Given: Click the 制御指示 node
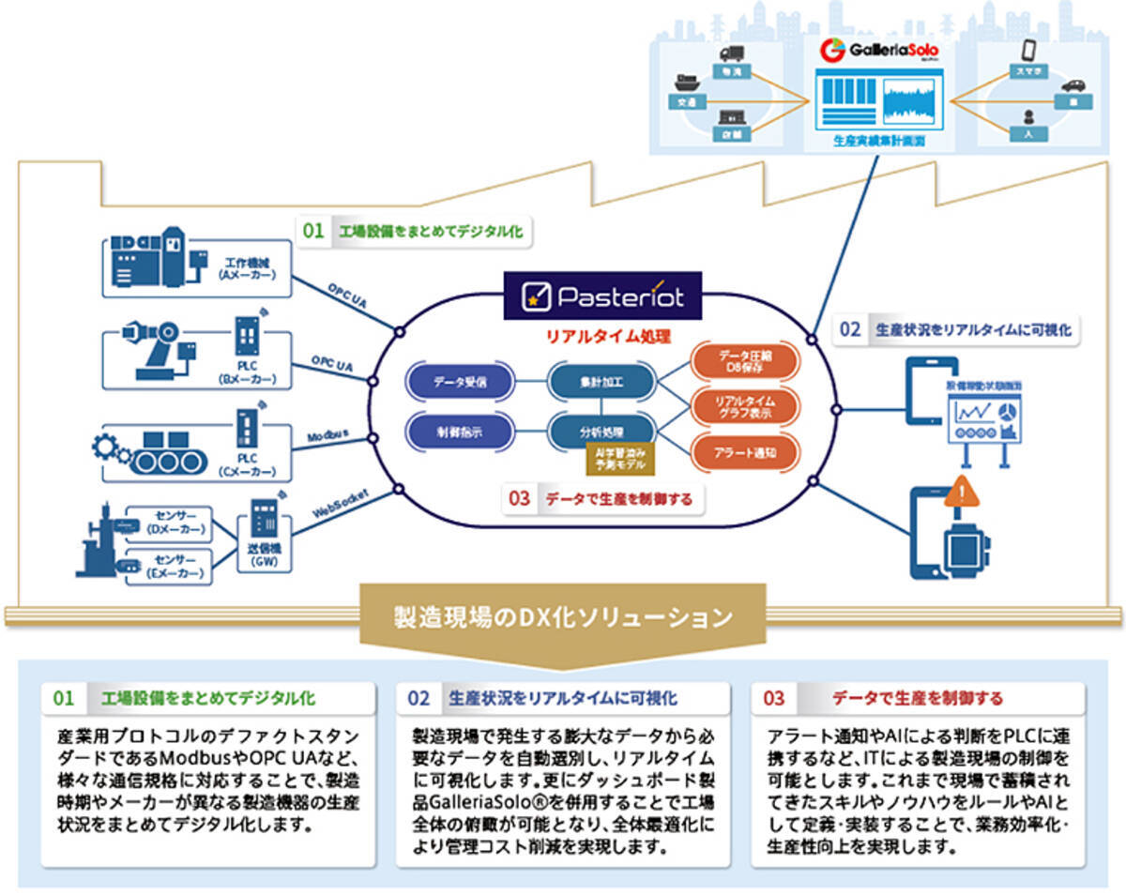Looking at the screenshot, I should pyautogui.click(x=460, y=431).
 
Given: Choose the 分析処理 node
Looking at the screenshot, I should pyautogui.click(x=601, y=431).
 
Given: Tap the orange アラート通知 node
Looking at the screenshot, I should pyautogui.click(x=745, y=453).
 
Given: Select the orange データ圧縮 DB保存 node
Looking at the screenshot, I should pyautogui.click(x=745, y=360).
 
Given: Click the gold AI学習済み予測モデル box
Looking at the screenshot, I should pyautogui.click(x=621, y=459).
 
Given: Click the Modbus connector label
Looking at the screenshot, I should pyautogui.click(x=328, y=436).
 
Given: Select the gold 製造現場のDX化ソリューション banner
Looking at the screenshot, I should pyautogui.click(x=563, y=617).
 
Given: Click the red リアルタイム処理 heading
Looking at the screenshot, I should pyautogui.click(x=602, y=334).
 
